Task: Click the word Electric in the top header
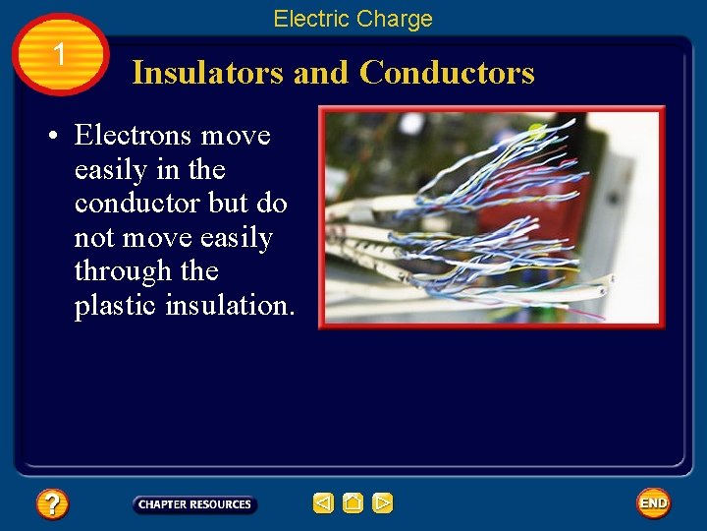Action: pos(308,19)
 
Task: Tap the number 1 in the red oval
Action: pos(60,55)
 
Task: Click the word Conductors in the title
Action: pos(447,73)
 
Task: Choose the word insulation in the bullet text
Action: pos(229,306)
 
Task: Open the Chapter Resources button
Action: pos(194,504)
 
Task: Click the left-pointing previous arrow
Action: pos(323,503)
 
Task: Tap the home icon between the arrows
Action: pos(353,503)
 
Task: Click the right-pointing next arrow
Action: pos(383,503)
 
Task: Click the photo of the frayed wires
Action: pos(491,216)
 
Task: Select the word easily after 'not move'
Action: pos(236,238)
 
